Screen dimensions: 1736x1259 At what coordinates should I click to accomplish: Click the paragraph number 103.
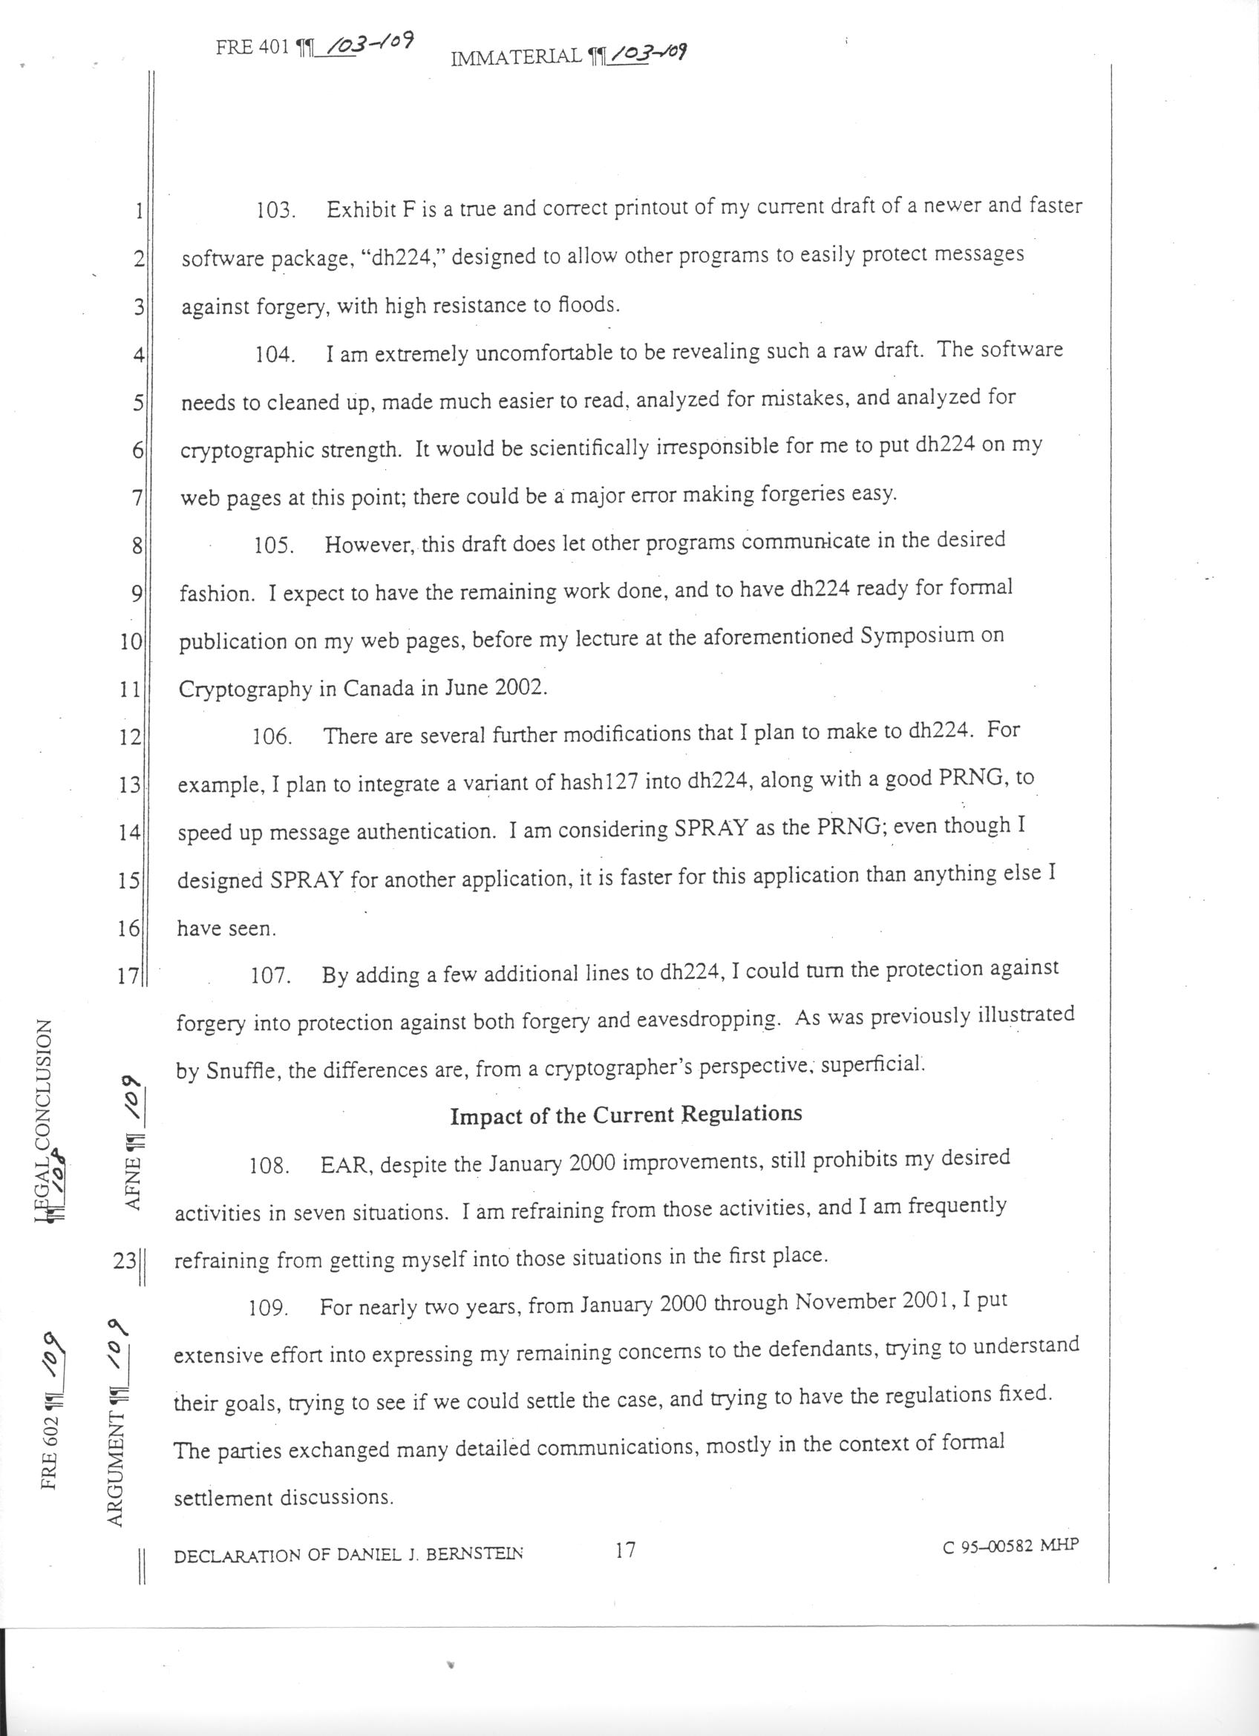point(275,211)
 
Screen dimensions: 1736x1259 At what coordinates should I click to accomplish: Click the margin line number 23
point(125,1260)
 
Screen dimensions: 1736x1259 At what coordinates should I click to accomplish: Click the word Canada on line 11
point(378,687)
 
